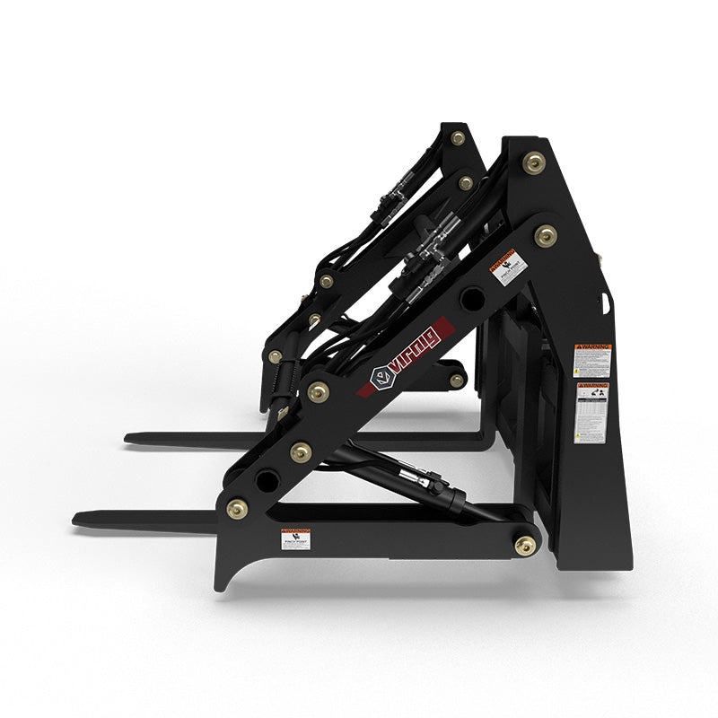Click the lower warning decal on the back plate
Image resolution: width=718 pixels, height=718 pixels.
[x=592, y=412]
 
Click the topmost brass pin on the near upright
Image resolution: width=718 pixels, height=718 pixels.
[x=534, y=162]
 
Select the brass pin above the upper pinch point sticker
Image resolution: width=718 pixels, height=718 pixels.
[x=545, y=236]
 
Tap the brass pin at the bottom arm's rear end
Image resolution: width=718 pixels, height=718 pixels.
[x=525, y=544]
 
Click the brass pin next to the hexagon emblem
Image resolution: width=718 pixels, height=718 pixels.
[x=318, y=392]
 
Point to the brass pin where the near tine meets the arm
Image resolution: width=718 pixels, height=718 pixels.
[x=238, y=509]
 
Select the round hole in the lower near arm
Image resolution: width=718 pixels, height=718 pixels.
[x=267, y=479]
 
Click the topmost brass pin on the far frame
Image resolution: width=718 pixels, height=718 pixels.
[x=458, y=138]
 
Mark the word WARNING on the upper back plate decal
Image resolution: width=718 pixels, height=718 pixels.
[x=592, y=346]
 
